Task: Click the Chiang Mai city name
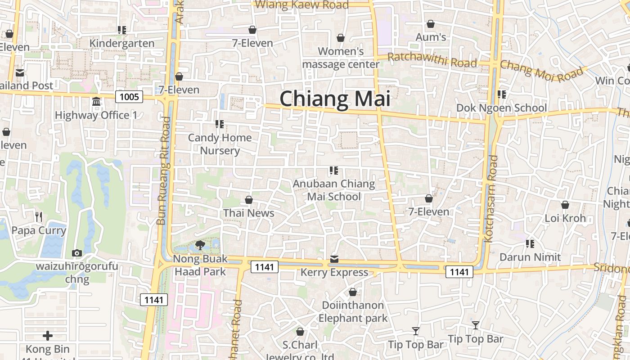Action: click(x=335, y=99)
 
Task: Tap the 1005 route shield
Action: click(x=129, y=96)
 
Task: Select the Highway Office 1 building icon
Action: click(x=96, y=102)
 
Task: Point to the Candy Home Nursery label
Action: click(x=220, y=144)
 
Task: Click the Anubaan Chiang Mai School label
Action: click(x=334, y=190)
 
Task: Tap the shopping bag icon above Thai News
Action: click(x=249, y=200)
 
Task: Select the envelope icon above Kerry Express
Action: click(x=334, y=259)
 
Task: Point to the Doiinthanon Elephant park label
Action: click(x=353, y=311)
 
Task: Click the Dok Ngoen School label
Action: click(x=502, y=108)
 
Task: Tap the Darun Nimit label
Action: click(x=531, y=257)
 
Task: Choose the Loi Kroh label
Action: click(x=565, y=218)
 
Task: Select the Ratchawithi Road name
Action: click(x=432, y=60)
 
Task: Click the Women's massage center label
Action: click(x=341, y=58)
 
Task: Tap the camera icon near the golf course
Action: click(x=77, y=253)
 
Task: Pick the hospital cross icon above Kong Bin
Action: click(x=48, y=336)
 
